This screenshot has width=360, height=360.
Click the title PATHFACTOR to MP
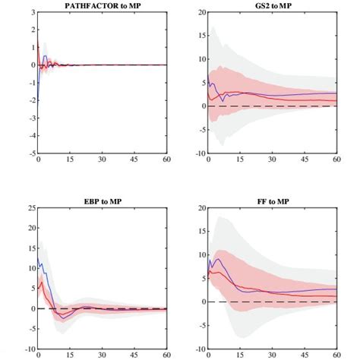tap(103, 6)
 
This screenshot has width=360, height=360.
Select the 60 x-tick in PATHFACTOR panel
tap(166, 160)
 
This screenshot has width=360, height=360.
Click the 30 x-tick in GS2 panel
tap(271, 160)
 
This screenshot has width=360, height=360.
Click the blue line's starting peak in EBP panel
tap(39, 258)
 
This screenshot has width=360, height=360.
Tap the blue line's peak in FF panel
tap(218, 259)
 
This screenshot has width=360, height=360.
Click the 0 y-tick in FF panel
tap(201, 302)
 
